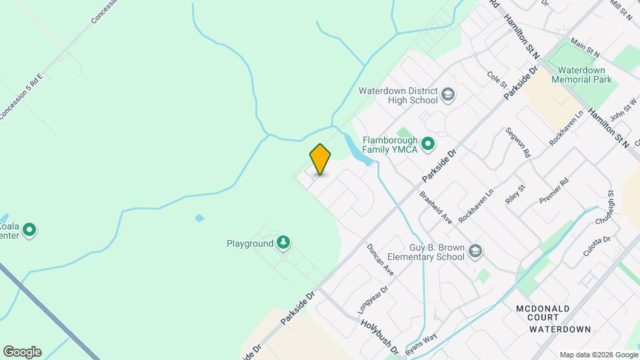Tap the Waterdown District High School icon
click(x=449, y=95)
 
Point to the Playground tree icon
click(x=284, y=243)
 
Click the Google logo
click(x=22, y=352)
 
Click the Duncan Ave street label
click(x=381, y=260)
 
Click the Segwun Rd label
click(x=518, y=142)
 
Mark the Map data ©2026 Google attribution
click(x=597, y=355)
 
